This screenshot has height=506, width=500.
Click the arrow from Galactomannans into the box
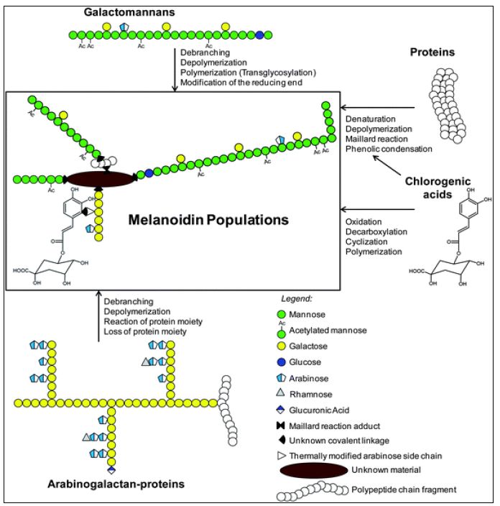pyautogui.click(x=175, y=69)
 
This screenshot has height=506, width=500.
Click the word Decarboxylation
pyautogui.click(x=376, y=232)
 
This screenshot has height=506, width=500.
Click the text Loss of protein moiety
pyautogui.click(x=145, y=332)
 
